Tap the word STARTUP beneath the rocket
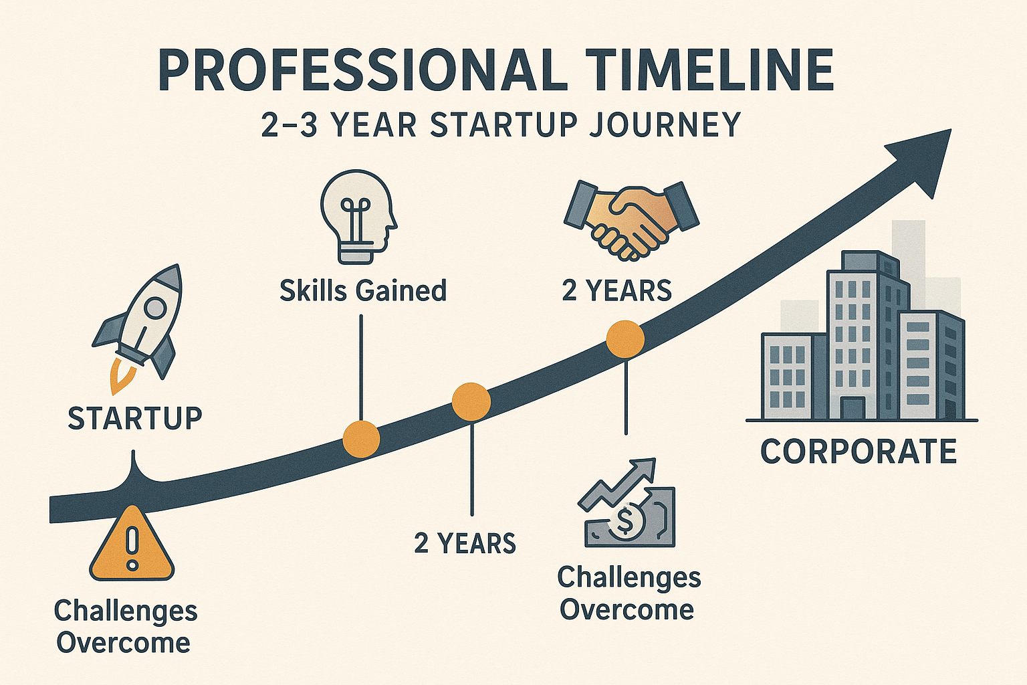[x=135, y=418]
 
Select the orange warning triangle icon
[x=132, y=545]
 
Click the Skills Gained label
[x=363, y=291]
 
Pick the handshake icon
[x=631, y=219]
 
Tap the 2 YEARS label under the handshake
[x=616, y=291]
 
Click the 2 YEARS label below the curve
[x=465, y=543]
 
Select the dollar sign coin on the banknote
[x=625, y=520]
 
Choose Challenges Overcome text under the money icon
[x=629, y=593]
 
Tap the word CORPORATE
[x=859, y=452]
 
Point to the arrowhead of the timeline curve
[x=926, y=158]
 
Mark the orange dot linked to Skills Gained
[x=361, y=439]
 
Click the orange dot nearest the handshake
[x=625, y=338]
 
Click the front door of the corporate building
[x=852, y=408]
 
